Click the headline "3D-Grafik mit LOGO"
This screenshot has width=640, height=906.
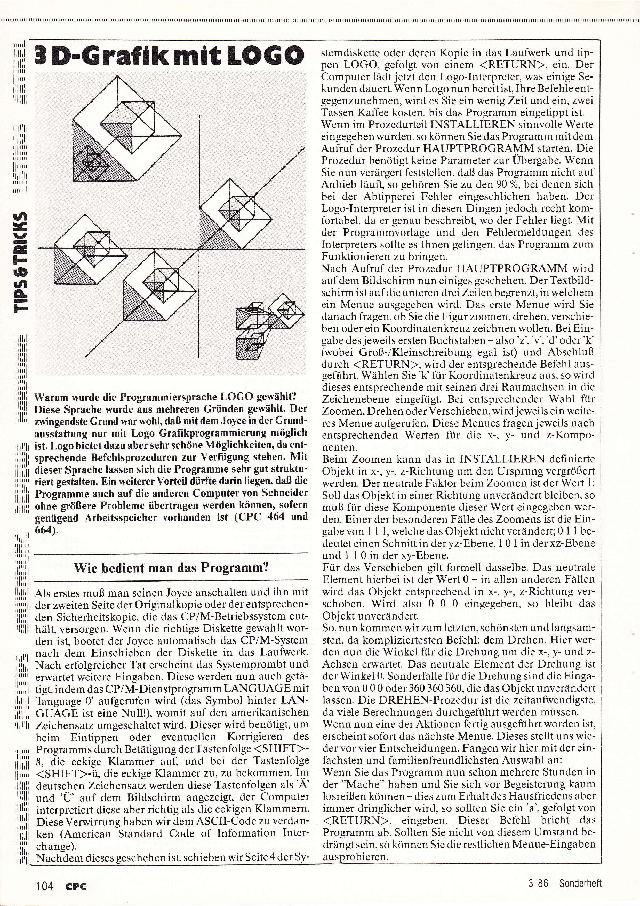(x=170, y=56)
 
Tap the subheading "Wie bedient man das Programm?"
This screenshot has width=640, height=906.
(x=171, y=568)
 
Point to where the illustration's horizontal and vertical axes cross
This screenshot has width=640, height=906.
(x=200, y=248)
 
